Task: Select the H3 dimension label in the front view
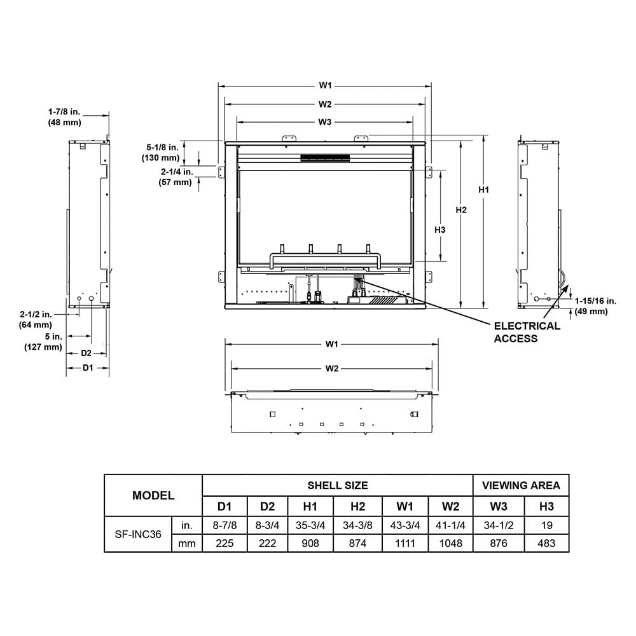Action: click(439, 230)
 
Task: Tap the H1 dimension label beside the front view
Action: click(484, 190)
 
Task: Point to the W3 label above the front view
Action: click(325, 121)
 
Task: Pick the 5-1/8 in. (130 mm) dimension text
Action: click(162, 153)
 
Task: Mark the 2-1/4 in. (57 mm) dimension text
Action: click(175, 177)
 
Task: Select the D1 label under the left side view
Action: click(88, 368)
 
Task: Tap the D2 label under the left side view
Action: click(86, 352)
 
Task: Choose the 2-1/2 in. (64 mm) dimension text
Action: click(36, 320)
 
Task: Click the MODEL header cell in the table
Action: click(153, 495)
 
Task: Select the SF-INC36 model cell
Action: click(138, 534)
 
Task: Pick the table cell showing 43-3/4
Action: click(404, 525)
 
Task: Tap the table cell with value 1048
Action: click(450, 543)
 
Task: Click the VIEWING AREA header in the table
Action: click(521, 485)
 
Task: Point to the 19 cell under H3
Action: click(546, 525)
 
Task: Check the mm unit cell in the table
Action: click(187, 543)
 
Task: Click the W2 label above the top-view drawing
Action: click(331, 368)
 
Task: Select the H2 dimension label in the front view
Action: click(461, 210)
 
